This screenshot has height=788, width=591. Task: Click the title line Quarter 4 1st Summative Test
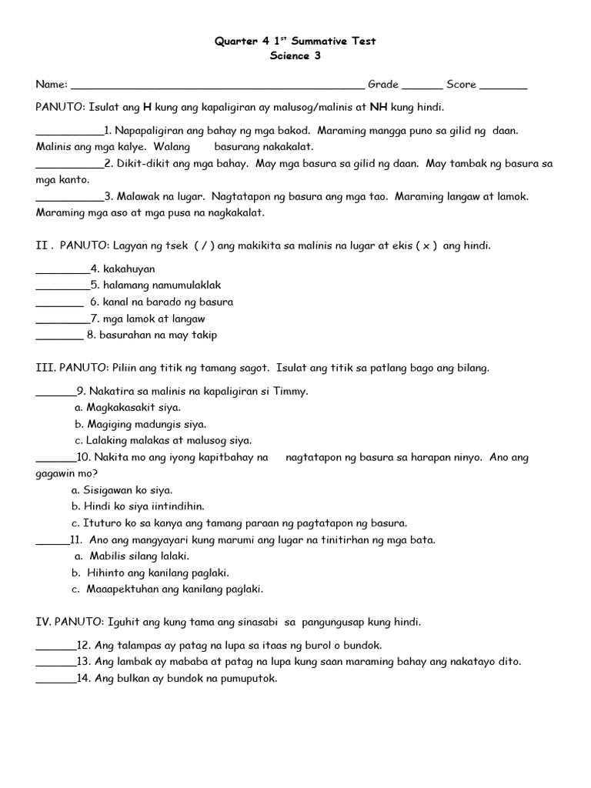295,41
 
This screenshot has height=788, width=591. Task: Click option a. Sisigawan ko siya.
122,490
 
